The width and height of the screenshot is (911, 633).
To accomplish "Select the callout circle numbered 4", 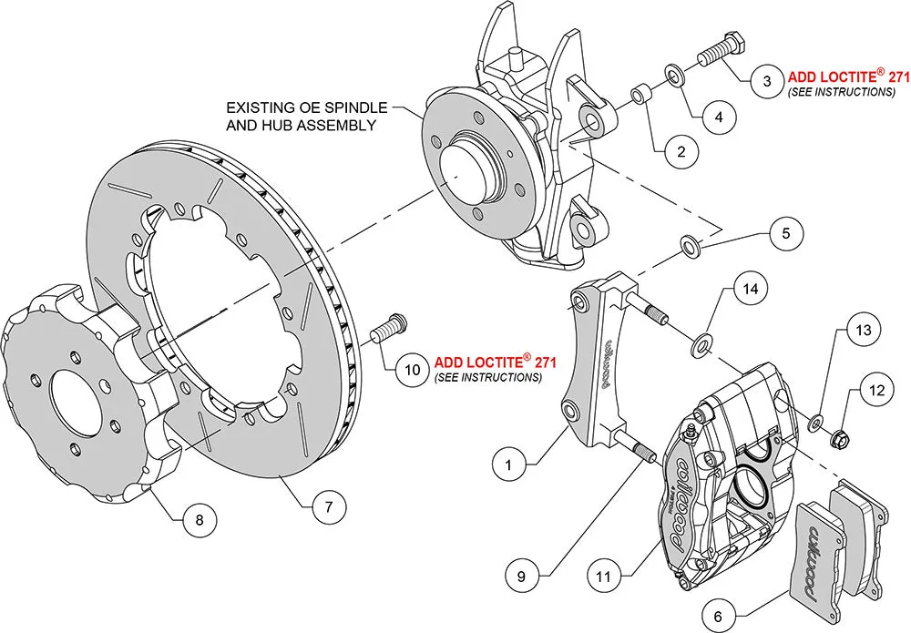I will tap(719, 117).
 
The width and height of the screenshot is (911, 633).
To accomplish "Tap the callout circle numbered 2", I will tap(681, 152).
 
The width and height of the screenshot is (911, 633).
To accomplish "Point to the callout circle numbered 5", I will tap(786, 232).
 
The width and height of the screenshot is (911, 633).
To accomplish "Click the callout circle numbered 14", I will tap(750, 291).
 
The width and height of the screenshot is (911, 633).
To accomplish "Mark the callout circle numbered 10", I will tap(412, 368).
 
